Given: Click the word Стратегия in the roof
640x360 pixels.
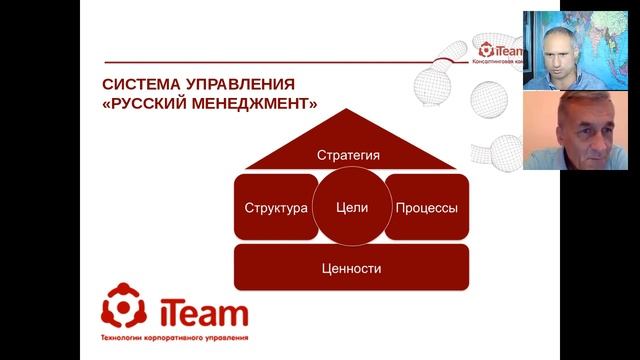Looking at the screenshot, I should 349,155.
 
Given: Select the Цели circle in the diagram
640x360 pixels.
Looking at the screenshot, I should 353,207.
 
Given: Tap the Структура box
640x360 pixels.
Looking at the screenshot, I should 275,208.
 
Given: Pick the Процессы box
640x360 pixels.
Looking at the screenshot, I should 427,208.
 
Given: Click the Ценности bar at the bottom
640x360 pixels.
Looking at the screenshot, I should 352,268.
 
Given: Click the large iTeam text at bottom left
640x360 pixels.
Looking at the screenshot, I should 200,313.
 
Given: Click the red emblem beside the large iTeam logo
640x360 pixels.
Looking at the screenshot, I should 125,309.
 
